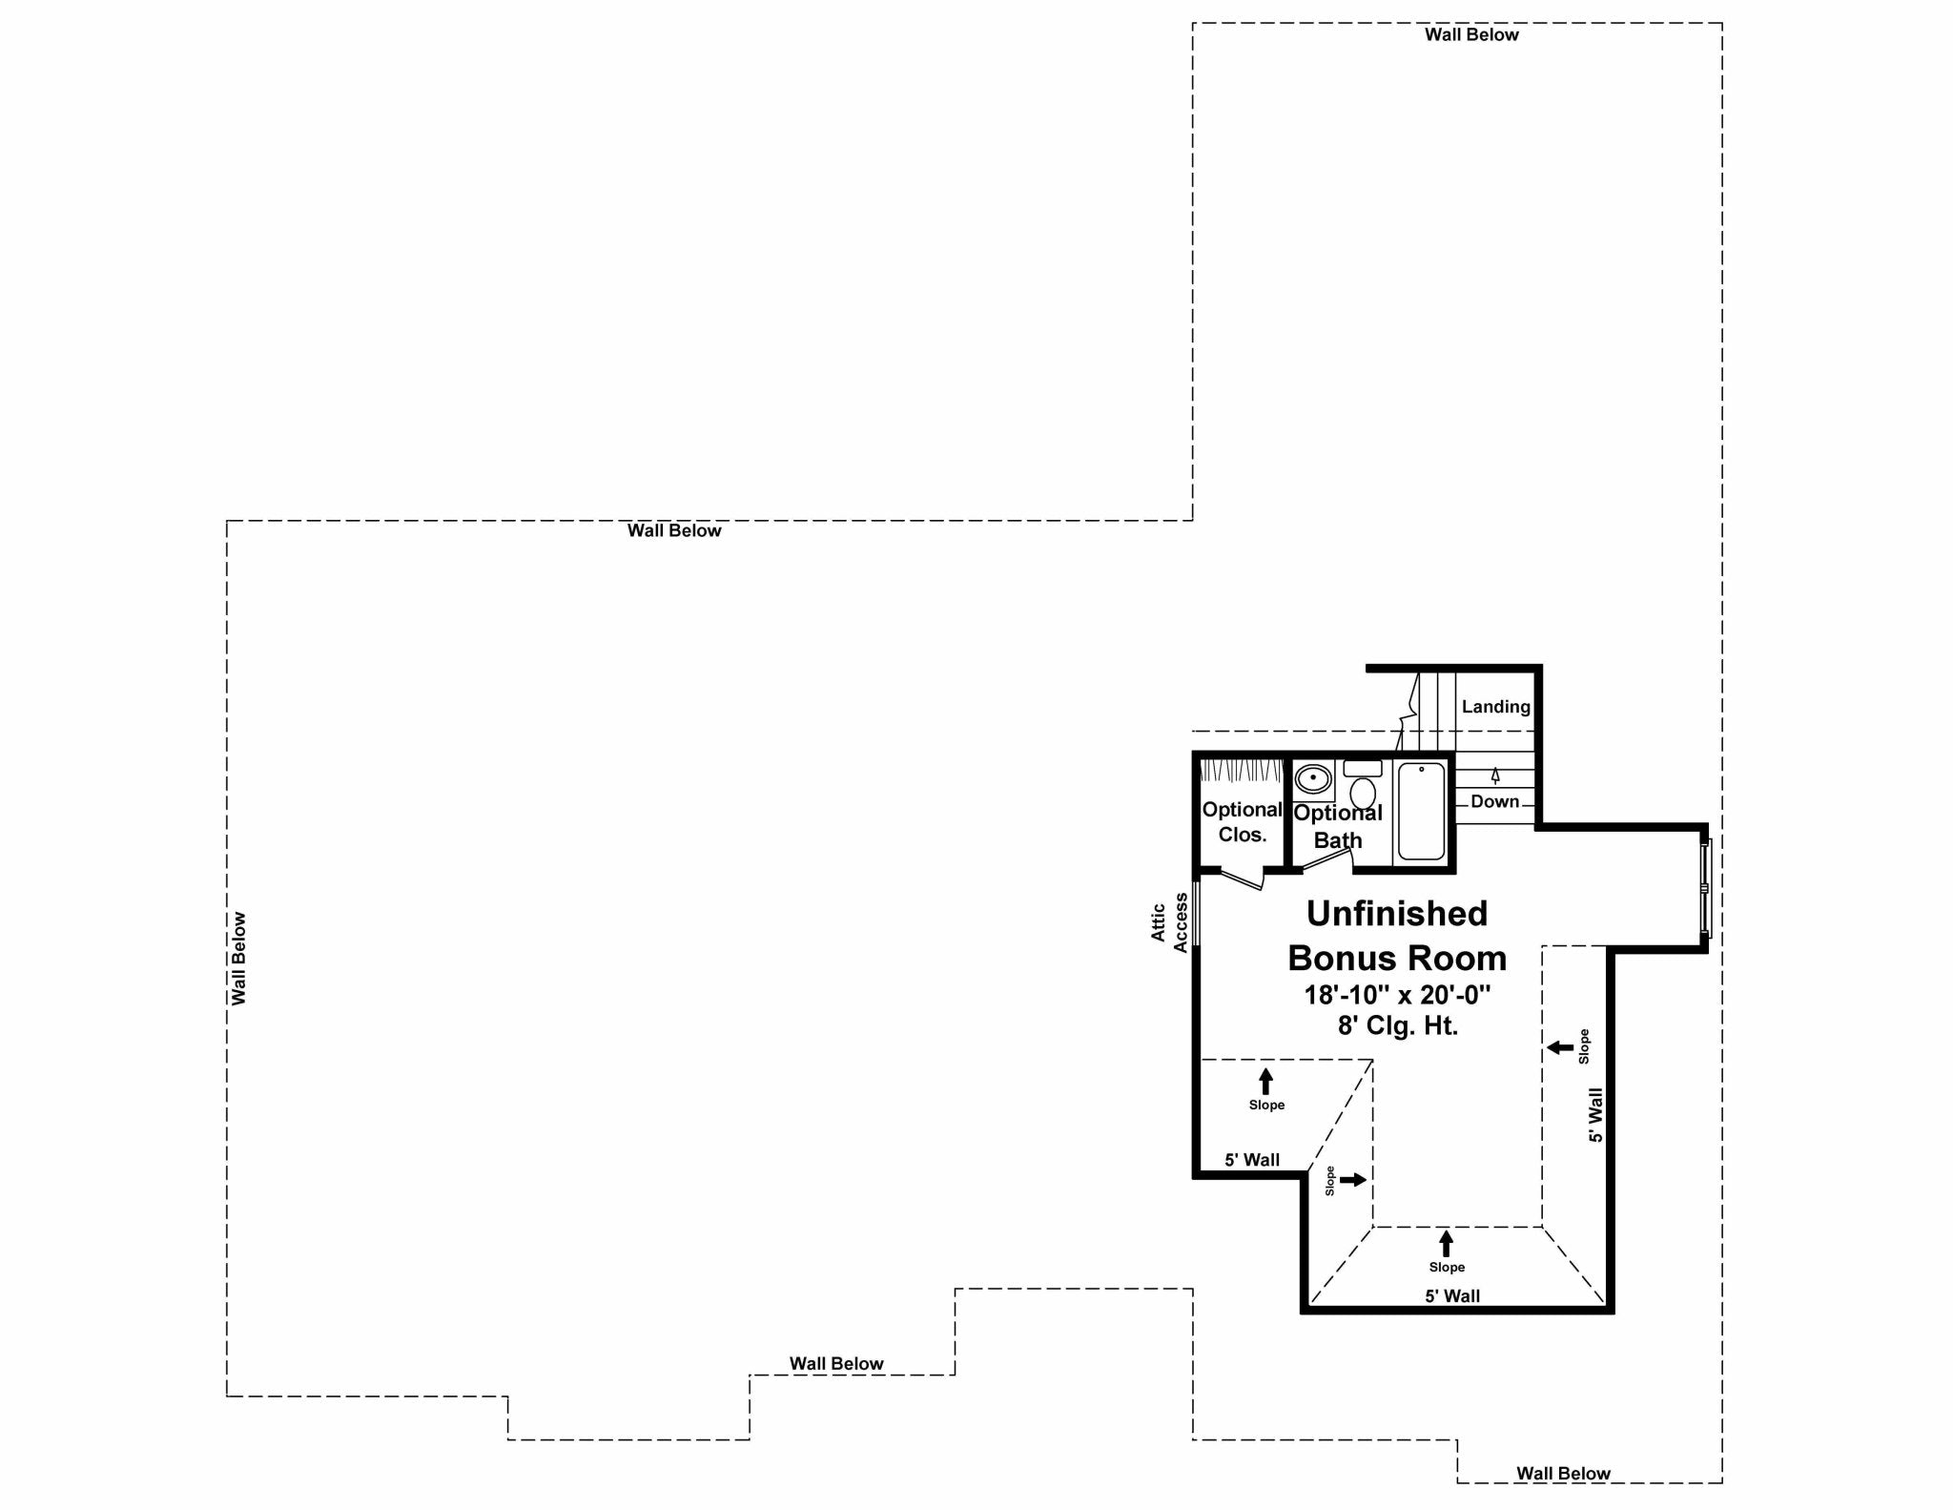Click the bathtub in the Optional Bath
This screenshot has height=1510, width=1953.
[1421, 812]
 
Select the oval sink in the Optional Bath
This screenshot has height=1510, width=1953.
[1313, 778]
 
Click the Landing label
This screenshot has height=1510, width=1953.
[1495, 707]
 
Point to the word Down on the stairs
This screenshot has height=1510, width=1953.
[1494, 801]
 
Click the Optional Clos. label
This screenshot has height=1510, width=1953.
[1242, 821]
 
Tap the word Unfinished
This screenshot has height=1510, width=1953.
[1396, 914]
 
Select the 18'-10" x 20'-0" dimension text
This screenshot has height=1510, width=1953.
[1397, 995]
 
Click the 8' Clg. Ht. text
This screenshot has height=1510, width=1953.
[1397, 1026]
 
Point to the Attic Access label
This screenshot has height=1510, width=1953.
[1169, 922]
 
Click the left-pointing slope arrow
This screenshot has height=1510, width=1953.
[1560, 1047]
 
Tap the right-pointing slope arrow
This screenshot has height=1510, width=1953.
[1352, 1180]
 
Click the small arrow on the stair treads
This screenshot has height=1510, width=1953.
[1495, 776]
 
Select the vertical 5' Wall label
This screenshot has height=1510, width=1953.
[1595, 1115]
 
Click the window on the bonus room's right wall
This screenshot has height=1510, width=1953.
[1706, 887]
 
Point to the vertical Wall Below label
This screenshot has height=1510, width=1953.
[238, 959]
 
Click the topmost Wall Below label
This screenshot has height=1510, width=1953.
[1471, 35]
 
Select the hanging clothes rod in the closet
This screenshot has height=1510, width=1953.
[1241, 769]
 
